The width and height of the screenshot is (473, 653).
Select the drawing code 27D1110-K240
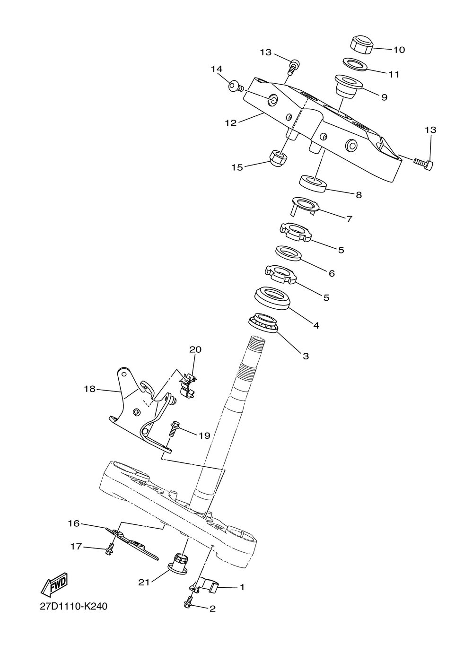pos(73,607)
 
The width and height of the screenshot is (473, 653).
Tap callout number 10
pos(399,50)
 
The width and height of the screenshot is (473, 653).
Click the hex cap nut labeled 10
pos(362,44)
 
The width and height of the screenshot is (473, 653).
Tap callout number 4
pos(316,325)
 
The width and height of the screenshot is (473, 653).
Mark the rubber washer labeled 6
pos(289,252)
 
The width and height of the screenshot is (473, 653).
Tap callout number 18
pos(89,389)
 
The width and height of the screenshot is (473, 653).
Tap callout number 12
pos(230,123)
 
